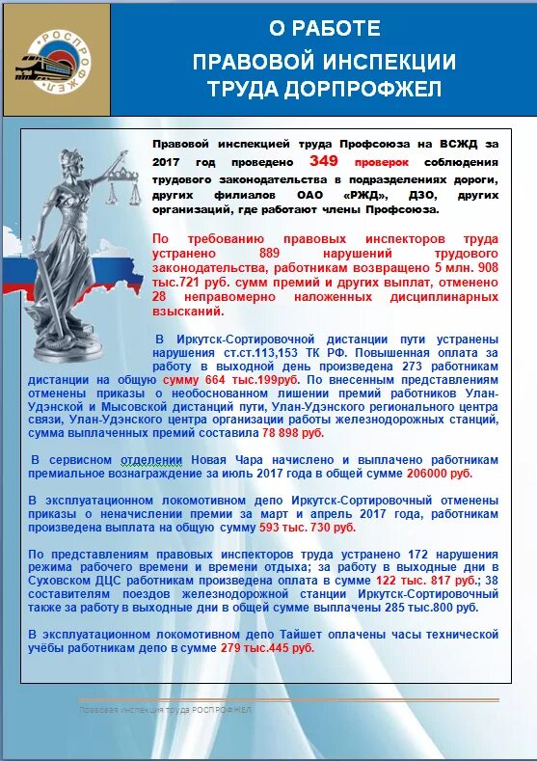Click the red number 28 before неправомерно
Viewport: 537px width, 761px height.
click(161, 298)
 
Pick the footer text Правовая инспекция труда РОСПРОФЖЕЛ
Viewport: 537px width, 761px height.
click(165, 710)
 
